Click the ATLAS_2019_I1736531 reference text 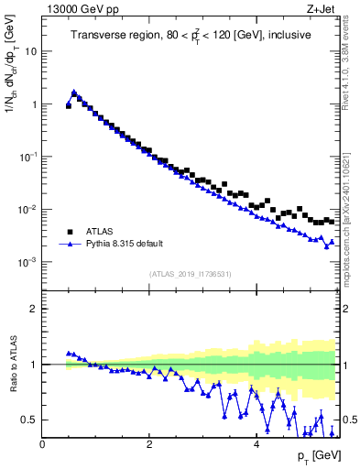tap(191, 274)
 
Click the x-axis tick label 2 tap(149, 444)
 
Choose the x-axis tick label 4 tap(256, 444)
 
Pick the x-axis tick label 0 tap(42, 444)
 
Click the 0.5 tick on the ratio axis tap(30, 420)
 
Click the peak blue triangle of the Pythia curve tap(74, 93)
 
